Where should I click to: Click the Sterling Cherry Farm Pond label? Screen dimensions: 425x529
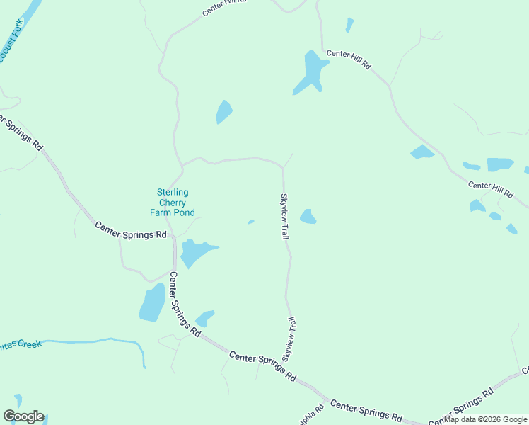click(x=172, y=202)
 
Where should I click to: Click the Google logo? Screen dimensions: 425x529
click(x=23, y=416)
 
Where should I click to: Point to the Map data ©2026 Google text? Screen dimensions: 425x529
click(x=485, y=419)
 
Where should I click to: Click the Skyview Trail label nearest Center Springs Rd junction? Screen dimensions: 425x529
click(x=289, y=340)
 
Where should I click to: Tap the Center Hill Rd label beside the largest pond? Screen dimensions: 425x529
click(x=348, y=59)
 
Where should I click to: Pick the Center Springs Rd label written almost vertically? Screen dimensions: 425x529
click(x=183, y=305)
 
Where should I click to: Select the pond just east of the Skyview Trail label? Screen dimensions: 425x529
click(x=308, y=217)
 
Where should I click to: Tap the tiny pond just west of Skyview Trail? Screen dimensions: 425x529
click(x=251, y=222)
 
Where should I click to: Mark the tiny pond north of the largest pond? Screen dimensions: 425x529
click(x=349, y=25)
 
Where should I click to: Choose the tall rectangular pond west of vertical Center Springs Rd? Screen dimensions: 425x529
click(x=152, y=302)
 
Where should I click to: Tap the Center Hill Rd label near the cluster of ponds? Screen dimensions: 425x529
click(x=490, y=189)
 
